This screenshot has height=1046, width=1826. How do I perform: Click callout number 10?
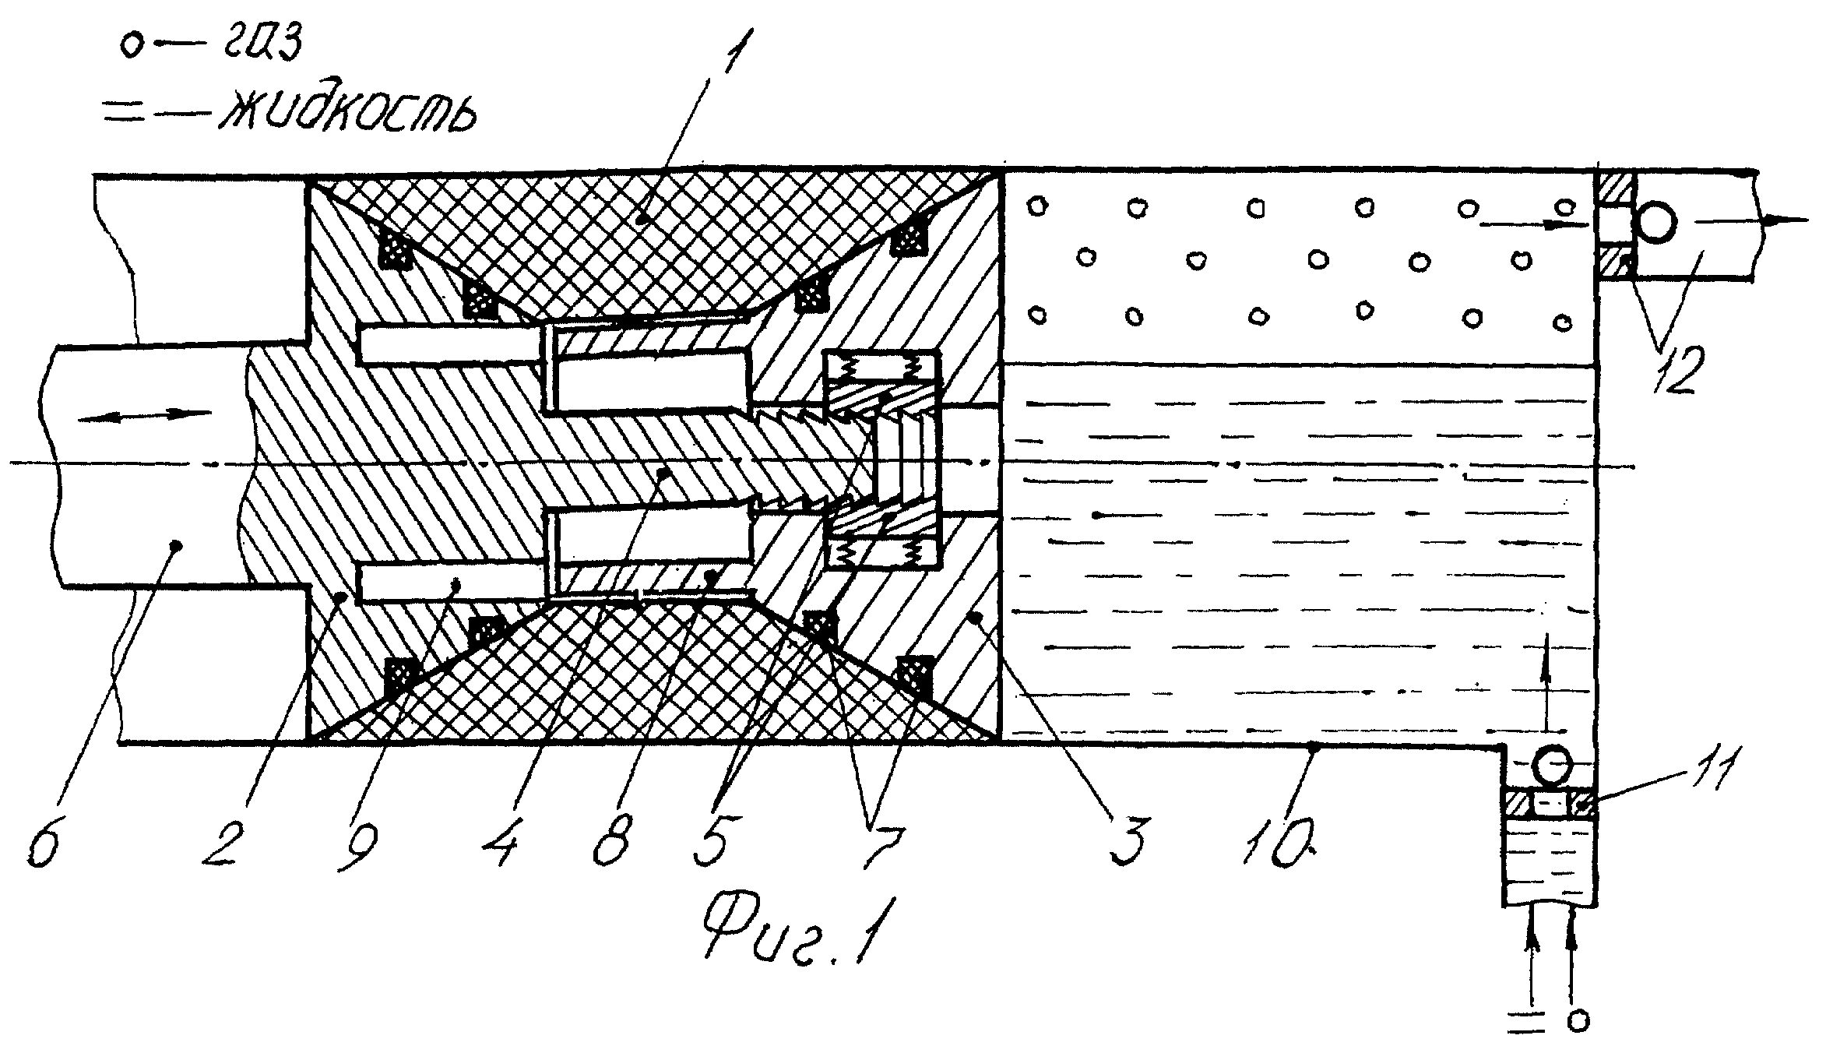click(x=1280, y=840)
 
